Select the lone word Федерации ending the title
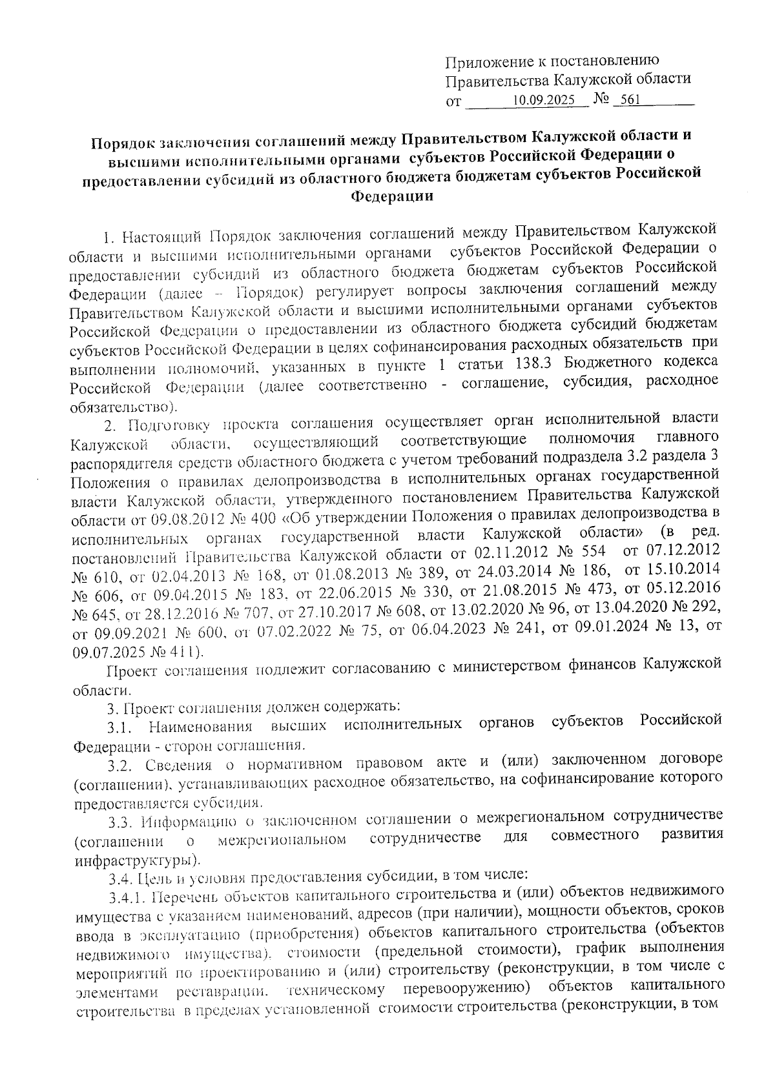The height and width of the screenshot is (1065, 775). pos(391,196)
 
